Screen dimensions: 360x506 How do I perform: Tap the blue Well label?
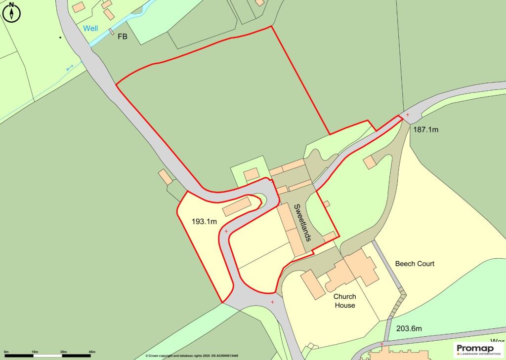pyautogui.click(x=90, y=28)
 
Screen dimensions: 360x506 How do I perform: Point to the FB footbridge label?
pyautogui.click(x=122, y=36)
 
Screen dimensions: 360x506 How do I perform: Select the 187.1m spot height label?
pyautogui.click(x=425, y=129)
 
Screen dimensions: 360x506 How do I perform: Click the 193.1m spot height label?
pyautogui.click(x=204, y=221)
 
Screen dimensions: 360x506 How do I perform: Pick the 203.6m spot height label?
pyautogui.click(x=409, y=328)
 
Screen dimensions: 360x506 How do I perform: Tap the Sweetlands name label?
pyautogui.click(x=302, y=222)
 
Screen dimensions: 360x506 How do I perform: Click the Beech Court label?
pyautogui.click(x=415, y=264)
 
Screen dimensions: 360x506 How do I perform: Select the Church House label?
pyautogui.click(x=344, y=301)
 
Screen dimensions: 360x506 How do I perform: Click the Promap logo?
pyautogui.click(x=478, y=349)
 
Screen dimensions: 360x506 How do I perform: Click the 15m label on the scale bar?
pyautogui.click(x=35, y=352)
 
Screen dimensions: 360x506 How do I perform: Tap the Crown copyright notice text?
pyautogui.click(x=192, y=356)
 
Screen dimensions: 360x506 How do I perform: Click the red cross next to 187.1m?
pyautogui.click(x=407, y=115)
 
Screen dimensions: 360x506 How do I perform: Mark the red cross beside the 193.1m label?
pyautogui.click(x=226, y=231)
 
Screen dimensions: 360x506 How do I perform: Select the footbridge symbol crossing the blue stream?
pyautogui.click(x=112, y=34)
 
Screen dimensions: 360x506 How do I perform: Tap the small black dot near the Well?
pyautogui.click(x=60, y=37)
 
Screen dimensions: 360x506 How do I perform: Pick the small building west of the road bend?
pyautogui.click(x=166, y=177)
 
